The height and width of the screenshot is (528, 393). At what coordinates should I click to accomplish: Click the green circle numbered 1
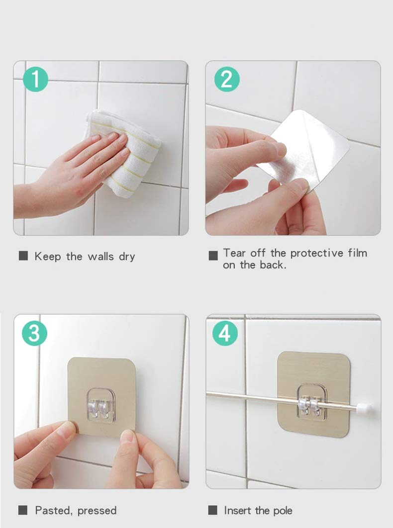pos(35,80)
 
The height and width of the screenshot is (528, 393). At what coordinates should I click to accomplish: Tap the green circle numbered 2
pos(227,80)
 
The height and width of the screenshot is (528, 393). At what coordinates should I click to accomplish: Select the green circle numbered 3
pos(34,334)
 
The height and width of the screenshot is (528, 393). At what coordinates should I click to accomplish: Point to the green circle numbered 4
pos(225,334)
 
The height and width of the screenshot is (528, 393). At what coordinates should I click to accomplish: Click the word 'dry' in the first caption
pos(127,257)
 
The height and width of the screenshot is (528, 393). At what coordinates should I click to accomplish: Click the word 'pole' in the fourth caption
pos(283,511)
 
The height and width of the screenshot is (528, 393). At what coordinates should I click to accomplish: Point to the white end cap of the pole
pos(365,409)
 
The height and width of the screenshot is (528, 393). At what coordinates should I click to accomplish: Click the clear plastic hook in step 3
pos(101,405)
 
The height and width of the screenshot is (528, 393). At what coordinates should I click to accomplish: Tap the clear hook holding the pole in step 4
pos(311,402)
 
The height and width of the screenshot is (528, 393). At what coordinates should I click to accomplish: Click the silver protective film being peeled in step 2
pos(305,148)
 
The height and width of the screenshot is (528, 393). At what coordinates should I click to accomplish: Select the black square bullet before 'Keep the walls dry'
pos(23,256)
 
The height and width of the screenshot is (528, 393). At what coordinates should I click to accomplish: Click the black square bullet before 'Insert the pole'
pos(213,510)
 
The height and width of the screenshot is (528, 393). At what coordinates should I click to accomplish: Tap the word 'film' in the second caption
pos(358,253)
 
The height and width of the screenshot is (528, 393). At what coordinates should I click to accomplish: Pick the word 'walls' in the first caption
pos(101,257)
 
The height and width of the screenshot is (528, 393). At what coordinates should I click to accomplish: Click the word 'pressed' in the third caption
pos(97,511)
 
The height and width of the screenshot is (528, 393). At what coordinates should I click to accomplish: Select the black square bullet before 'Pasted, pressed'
pos(23,510)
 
